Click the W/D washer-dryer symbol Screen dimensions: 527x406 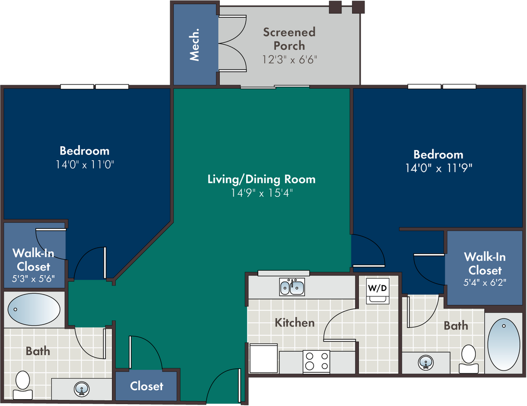point(378,291)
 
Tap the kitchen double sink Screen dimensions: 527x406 point(292,287)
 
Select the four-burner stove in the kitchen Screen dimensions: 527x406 point(316,362)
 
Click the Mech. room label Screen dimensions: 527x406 point(194,44)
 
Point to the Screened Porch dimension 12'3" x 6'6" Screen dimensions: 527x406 point(290,60)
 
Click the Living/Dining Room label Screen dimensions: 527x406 point(262,179)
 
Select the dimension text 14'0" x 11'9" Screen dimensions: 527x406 point(439,168)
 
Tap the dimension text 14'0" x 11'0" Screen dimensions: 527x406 point(85,165)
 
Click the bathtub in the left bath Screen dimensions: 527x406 point(34,309)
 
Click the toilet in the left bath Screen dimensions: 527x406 point(23,385)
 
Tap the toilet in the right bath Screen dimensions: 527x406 point(468,359)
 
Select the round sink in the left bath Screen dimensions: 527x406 point(82,389)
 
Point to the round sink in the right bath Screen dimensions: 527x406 point(426,363)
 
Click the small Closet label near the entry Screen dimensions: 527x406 point(147,386)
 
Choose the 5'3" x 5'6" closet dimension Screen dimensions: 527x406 point(33,279)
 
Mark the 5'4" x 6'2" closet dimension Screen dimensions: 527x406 point(485,282)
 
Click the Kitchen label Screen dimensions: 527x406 point(295,323)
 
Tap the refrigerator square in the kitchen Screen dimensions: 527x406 point(263,358)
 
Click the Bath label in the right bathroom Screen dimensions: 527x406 point(456,326)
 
